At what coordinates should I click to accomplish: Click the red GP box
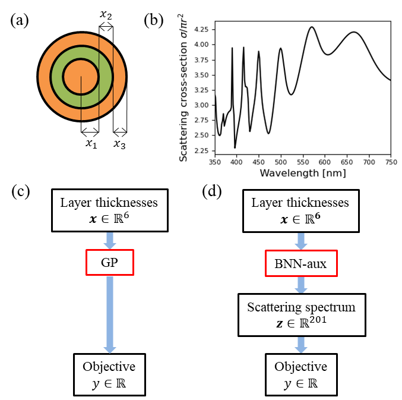pyautogui.click(x=110, y=262)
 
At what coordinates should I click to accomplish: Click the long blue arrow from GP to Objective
pyautogui.click(x=109, y=313)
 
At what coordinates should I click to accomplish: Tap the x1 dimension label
pyautogui.click(x=90, y=144)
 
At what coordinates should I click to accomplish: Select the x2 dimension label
pyautogui.click(x=106, y=13)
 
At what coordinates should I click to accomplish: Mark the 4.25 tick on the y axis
pyautogui.click(x=201, y=29)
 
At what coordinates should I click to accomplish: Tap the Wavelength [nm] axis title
pyautogui.click(x=303, y=173)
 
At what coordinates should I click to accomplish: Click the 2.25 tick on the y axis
pyautogui.click(x=201, y=151)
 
